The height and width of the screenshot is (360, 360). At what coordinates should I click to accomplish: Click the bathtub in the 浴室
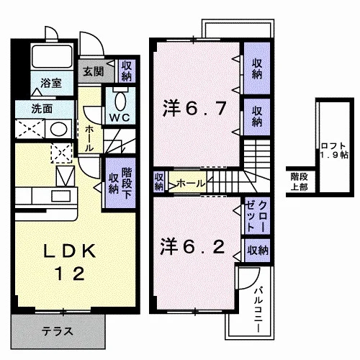click(52, 56)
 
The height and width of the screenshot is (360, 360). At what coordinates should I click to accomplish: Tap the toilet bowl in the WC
click(120, 101)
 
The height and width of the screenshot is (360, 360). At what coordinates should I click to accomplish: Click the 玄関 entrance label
click(94, 71)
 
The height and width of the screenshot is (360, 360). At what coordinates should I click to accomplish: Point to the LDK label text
click(69, 251)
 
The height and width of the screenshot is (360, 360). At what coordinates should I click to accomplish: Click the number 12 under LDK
click(70, 274)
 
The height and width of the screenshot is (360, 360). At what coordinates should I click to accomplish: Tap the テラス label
click(57, 331)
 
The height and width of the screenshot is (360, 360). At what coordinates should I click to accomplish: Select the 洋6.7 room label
click(194, 109)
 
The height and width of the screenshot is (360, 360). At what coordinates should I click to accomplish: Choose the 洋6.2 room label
click(193, 246)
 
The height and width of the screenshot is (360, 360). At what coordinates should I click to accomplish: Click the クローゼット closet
click(257, 215)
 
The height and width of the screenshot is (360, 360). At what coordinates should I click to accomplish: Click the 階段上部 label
click(299, 182)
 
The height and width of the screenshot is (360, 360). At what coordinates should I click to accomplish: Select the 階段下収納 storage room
click(120, 183)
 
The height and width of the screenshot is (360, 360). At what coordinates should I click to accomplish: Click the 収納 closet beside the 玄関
click(127, 71)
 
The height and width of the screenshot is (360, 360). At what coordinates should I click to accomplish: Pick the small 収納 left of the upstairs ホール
click(158, 181)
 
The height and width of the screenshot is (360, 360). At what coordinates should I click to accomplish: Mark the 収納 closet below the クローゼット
click(258, 251)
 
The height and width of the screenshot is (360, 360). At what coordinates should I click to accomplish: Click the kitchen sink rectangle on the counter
click(61, 195)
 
